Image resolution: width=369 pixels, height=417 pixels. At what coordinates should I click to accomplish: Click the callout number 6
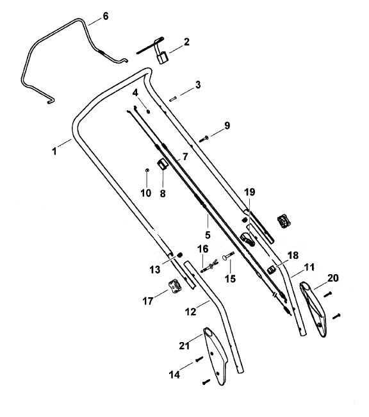106,16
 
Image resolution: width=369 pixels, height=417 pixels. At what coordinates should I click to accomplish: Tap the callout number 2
186,42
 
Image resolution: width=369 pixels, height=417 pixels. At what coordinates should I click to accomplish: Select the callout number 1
54,151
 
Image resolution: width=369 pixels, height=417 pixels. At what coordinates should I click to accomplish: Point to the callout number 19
250,192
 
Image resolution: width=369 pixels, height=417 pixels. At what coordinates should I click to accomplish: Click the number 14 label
174,375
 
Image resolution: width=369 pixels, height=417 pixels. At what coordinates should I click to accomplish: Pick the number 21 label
184,346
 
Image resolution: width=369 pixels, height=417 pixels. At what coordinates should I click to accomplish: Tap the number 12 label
190,311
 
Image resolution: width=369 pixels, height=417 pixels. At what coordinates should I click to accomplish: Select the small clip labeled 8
162,165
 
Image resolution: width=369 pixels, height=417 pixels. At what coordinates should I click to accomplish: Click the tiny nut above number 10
147,170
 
